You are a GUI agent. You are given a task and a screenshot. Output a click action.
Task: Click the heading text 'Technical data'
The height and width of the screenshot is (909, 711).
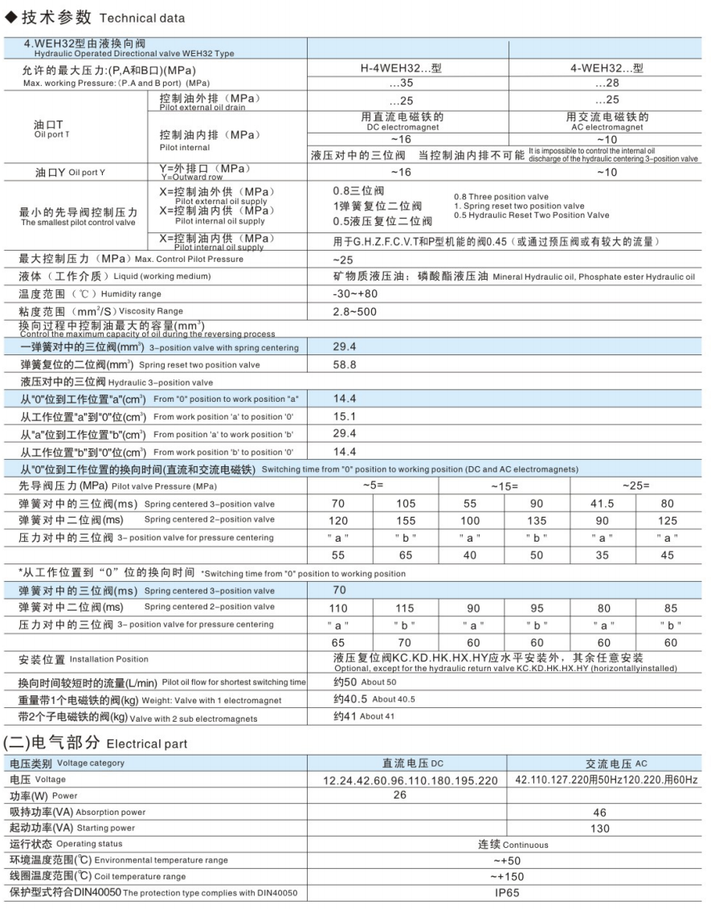pos(142,18)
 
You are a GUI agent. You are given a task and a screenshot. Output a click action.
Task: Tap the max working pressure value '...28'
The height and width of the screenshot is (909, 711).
pos(607,83)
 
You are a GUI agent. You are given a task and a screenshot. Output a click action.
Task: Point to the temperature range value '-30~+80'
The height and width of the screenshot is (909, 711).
pos(354,294)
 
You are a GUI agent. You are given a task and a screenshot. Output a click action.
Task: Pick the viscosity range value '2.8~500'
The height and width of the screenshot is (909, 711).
pos(353,311)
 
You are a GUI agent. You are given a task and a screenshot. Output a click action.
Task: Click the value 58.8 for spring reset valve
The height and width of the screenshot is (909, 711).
pos(345,364)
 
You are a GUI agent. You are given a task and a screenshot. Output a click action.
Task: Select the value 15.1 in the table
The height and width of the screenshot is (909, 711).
pos(345,416)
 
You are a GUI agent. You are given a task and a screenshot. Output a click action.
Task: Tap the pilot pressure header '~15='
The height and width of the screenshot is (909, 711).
pos(505,486)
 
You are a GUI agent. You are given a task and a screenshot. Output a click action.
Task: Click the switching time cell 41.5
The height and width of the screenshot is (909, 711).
pos(602,504)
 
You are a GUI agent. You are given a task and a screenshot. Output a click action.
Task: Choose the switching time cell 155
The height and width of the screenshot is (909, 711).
pos(407,520)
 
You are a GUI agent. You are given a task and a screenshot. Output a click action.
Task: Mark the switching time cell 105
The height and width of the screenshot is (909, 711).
pos(407,504)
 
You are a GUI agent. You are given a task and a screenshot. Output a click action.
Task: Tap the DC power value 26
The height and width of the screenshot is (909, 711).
pos(399,795)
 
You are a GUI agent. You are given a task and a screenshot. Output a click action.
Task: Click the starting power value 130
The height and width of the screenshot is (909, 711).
pos(599,828)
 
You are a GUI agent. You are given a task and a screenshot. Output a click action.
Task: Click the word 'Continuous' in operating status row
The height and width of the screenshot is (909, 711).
pos(526,845)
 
